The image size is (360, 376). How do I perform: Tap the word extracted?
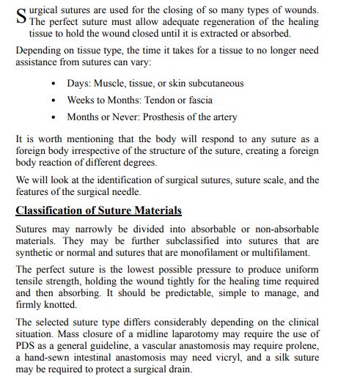tap(221, 34)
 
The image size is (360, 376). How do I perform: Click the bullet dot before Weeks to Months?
tap(55, 100)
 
